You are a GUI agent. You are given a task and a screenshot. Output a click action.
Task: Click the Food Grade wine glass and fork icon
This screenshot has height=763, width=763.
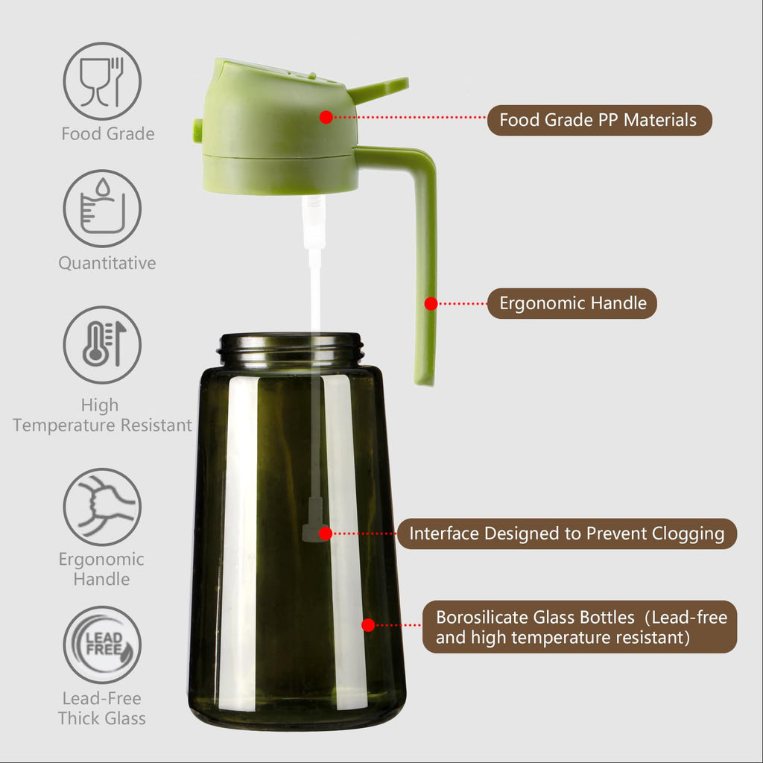tap(102, 81)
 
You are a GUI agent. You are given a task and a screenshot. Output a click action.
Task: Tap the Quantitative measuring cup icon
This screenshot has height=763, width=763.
tap(102, 209)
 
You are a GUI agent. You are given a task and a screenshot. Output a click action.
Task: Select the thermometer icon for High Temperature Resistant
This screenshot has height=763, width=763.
tap(102, 345)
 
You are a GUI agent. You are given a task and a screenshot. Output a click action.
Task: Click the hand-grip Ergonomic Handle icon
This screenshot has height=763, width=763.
tap(102, 507)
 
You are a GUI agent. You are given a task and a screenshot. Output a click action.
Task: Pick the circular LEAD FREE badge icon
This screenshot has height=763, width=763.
tap(102, 645)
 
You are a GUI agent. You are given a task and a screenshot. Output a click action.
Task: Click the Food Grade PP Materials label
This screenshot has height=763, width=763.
tap(599, 120)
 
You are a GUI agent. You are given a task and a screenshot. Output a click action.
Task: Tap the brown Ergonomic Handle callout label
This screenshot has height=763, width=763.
tap(572, 303)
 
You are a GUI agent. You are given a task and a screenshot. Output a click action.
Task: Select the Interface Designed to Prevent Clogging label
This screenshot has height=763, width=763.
tap(566, 534)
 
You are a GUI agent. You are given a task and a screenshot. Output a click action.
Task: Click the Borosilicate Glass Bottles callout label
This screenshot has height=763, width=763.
tap(580, 627)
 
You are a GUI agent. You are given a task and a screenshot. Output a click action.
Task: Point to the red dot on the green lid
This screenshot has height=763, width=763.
tap(326, 117)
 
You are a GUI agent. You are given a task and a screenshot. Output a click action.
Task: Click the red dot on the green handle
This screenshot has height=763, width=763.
tap(431, 303)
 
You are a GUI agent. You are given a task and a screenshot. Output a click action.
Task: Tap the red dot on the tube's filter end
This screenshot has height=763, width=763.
tap(326, 534)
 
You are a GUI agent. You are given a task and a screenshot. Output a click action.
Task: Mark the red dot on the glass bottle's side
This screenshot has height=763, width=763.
tap(368, 625)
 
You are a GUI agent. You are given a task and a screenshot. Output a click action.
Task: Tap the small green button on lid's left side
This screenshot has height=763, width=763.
tap(197, 130)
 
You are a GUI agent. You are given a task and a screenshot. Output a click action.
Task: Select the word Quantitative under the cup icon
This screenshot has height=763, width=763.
tap(107, 263)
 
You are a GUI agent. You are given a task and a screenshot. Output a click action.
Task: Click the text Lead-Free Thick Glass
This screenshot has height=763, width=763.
tap(102, 709)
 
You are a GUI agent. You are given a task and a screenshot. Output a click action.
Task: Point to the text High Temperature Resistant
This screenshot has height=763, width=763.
tap(102, 416)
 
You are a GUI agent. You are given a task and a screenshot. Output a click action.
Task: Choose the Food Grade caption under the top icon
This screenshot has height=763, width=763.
tap(108, 134)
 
